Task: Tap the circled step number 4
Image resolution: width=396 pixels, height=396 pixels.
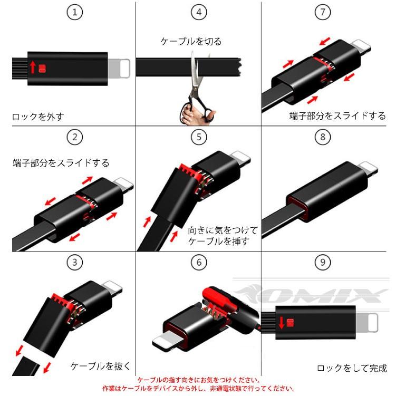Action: coord(198,13)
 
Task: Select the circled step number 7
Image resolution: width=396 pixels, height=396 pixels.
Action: coord(323,13)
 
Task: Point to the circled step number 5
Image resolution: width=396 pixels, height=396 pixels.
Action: coord(198,138)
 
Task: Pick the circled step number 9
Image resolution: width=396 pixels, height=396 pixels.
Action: coord(323,262)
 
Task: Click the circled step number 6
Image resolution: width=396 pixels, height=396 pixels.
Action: coord(198,262)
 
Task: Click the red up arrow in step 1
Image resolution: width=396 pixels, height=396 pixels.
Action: coord(33,67)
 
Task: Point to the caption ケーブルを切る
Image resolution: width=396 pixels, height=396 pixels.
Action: coord(191,41)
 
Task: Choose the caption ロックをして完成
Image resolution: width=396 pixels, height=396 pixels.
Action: coord(352,369)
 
